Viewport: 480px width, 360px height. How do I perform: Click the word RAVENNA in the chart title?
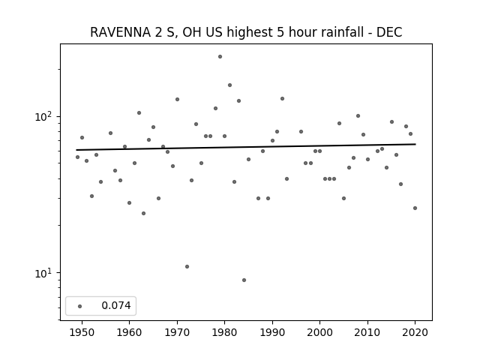tap(120, 32)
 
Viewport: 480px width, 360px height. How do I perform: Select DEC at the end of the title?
tap(389, 32)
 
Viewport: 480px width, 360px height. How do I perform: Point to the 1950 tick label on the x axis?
tap(82, 332)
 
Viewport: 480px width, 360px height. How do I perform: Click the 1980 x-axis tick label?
tap(224, 332)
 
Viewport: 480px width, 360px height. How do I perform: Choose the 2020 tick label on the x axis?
tap(415, 332)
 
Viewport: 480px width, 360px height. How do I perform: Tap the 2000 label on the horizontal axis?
tap(319, 332)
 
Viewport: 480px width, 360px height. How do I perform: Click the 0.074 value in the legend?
tap(116, 305)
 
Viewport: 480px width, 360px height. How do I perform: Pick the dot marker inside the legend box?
tap(80, 306)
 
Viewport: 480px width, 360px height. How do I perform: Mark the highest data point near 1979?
tap(220, 57)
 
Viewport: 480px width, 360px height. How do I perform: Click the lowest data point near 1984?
tap(244, 280)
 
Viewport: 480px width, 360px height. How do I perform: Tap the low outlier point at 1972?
tap(187, 267)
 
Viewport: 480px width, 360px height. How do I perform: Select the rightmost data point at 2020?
tap(415, 208)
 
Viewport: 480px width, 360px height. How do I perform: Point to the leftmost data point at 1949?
tap(77, 157)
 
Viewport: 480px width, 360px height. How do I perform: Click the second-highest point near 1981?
tap(230, 85)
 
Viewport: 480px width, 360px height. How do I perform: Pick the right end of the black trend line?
tap(415, 144)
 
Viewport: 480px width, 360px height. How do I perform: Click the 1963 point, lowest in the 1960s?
tap(143, 213)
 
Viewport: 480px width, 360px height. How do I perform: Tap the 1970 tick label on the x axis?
tap(177, 332)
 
